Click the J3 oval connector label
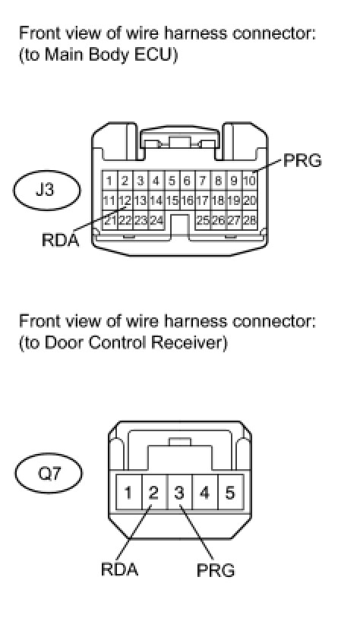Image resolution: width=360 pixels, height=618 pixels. coord(46,191)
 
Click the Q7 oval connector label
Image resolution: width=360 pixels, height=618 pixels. coord(49,472)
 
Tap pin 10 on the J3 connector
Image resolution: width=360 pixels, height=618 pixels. coord(250,181)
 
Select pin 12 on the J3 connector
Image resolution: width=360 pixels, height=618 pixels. coord(125,201)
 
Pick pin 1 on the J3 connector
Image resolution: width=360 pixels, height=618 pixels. coord(109,181)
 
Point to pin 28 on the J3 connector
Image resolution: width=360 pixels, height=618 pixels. coord(250,220)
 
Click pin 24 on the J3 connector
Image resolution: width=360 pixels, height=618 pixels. coord(156,220)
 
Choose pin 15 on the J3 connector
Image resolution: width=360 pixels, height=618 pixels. coord(172,201)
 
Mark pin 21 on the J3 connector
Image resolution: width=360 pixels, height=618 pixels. coord(109,220)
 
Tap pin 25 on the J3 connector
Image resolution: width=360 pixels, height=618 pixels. coord(203,220)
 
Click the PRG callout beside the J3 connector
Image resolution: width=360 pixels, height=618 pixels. coord(302,161)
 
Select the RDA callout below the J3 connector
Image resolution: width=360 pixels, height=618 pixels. coord(61,240)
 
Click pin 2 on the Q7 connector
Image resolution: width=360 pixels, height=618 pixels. coord(153,493)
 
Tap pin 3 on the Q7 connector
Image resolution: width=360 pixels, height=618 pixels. coord(179,493)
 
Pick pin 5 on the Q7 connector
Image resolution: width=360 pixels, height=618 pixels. coord(230,493)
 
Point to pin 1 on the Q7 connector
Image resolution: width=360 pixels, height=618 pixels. coord(128,493)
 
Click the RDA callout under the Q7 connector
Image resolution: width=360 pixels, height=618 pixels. coord(119,569)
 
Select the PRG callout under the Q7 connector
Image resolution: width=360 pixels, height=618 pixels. coord(216,570)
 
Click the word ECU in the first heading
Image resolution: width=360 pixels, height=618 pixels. coord(154,55)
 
